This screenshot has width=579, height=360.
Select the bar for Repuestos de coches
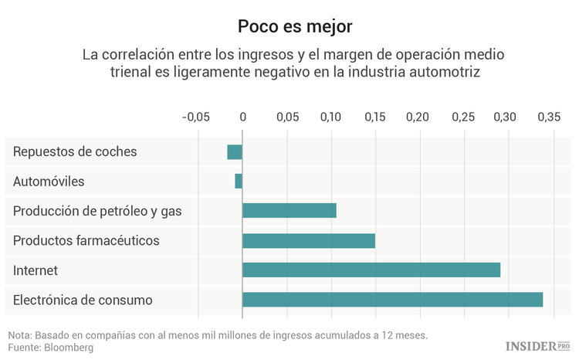(235, 152)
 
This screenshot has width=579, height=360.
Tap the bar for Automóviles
(239, 182)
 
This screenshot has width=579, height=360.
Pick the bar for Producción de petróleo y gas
(289, 211)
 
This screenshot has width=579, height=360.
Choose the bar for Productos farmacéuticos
(309, 240)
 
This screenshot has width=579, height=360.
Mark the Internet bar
(371, 270)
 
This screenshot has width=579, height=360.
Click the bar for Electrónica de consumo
(392, 300)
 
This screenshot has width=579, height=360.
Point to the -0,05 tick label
(195, 117)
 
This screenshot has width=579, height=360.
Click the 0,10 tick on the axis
(330, 117)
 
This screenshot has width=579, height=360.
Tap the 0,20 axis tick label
(418, 117)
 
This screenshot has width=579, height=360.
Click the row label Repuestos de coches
(75, 152)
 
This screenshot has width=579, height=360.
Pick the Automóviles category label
(49, 182)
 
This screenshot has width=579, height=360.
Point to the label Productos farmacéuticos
(86, 240)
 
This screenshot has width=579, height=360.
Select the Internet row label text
(36, 270)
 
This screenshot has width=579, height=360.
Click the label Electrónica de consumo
(83, 300)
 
